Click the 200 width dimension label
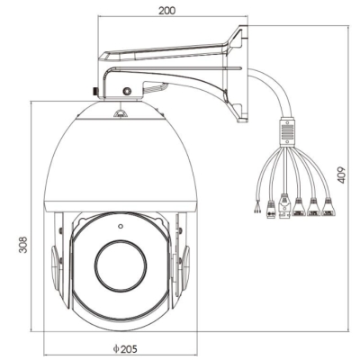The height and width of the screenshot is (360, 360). point(166,10)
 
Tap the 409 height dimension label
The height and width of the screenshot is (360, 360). point(342,175)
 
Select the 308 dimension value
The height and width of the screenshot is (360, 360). point(23,245)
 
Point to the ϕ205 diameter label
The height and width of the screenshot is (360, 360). point(125,348)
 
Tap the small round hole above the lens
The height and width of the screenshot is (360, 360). point(121,226)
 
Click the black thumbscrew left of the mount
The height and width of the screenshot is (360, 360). point(95,91)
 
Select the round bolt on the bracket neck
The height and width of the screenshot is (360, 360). point(127,91)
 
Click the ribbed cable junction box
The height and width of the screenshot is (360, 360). point(287,131)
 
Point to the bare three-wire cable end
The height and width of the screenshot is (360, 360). point(256,207)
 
